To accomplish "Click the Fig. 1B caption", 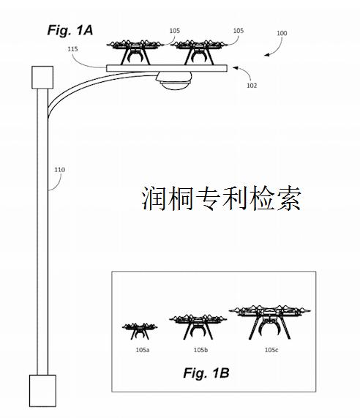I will pyautogui.click(x=206, y=373).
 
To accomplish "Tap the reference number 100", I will pyautogui.click(x=282, y=34).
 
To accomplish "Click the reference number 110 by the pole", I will pyautogui.click(x=59, y=170).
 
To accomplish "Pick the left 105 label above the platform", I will pyautogui.click(x=174, y=31).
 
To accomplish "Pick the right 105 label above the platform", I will pyautogui.click(x=238, y=31).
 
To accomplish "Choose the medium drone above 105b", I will pyautogui.click(x=198, y=326).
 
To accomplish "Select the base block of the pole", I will pyautogui.click(x=41, y=392).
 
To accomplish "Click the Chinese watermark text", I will pyautogui.click(x=221, y=198).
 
